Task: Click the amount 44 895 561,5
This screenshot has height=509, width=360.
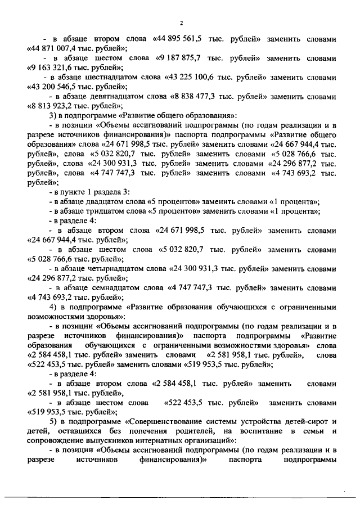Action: (x=179, y=40)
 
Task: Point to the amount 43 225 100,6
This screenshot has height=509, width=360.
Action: (x=197, y=77)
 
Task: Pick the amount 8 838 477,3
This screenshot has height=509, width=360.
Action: (x=199, y=96)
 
